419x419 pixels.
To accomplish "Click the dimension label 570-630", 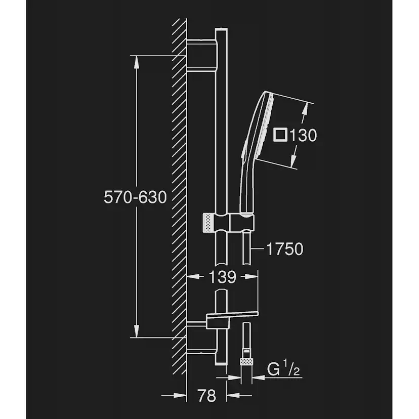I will [x=135, y=197].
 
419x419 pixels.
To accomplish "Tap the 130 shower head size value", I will [x=303, y=135].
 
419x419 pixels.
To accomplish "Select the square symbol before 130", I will [x=280, y=135].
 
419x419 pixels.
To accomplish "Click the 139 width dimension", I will [x=222, y=277].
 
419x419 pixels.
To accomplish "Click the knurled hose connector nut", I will [x=246, y=362].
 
